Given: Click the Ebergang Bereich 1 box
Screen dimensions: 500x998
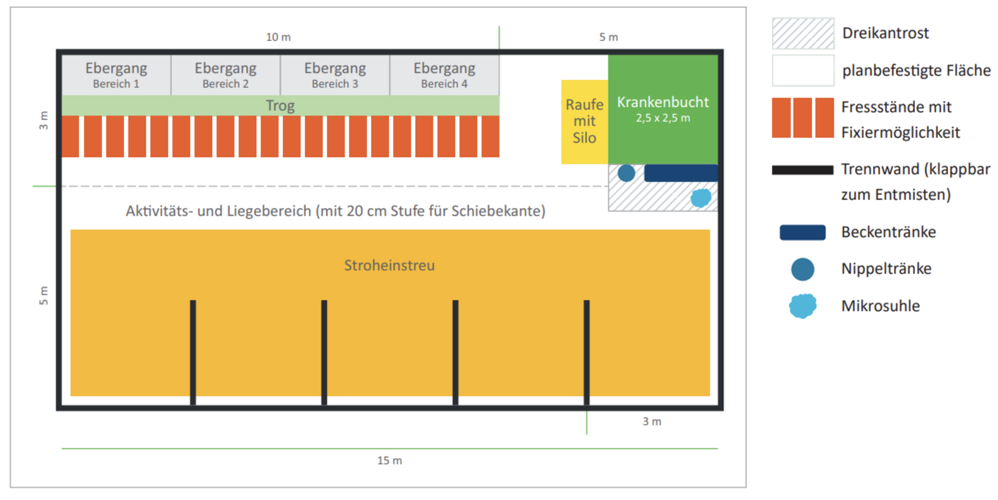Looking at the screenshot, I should pyautogui.click(x=116, y=75).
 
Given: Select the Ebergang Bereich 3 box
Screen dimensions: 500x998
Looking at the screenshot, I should pyautogui.click(x=335, y=75).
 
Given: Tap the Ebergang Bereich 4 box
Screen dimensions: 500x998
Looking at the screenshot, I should pyautogui.click(x=444, y=75).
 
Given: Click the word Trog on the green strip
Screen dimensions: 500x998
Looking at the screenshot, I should pyautogui.click(x=280, y=106).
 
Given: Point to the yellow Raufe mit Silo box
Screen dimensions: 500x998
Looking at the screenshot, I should pyautogui.click(x=584, y=121).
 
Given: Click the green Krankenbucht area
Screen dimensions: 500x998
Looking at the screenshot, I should pyautogui.click(x=663, y=109).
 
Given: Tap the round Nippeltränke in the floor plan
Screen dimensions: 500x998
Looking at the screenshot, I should pyautogui.click(x=626, y=173).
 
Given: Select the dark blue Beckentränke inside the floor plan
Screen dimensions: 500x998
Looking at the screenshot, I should pyautogui.click(x=681, y=173).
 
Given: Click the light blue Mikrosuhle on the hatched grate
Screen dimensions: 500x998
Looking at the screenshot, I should pyautogui.click(x=701, y=198).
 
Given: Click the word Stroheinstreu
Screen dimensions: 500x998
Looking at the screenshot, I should pyautogui.click(x=389, y=266).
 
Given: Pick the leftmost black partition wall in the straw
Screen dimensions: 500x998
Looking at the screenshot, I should pyautogui.click(x=193, y=352).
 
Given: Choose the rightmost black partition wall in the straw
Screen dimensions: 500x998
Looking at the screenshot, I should pyautogui.click(x=586, y=352).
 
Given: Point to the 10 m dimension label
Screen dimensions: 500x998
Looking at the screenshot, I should pyautogui.click(x=278, y=37).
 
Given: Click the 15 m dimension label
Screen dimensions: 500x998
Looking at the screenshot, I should pyautogui.click(x=389, y=460).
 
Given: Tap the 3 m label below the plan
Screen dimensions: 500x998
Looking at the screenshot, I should pyautogui.click(x=652, y=422).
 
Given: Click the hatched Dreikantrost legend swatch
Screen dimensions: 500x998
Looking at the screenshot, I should pyautogui.click(x=803, y=33).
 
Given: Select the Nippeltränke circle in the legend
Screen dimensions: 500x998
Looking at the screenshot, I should pyautogui.click(x=803, y=269).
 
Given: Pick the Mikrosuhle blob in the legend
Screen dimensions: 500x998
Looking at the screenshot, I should pyautogui.click(x=803, y=306).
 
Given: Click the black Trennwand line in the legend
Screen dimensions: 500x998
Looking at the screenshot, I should pyautogui.click(x=803, y=170).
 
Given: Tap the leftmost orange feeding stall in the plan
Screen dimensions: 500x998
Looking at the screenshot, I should pyautogui.click(x=70, y=137).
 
